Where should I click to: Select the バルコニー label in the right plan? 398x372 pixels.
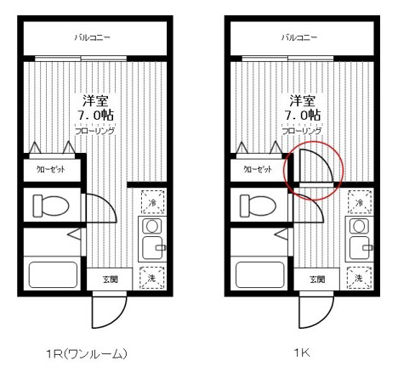coord(298,38)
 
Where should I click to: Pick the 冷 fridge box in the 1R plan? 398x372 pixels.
coord(153,203)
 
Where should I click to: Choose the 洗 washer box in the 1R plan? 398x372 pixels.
coord(153,278)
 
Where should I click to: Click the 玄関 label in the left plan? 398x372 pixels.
coord(111,279)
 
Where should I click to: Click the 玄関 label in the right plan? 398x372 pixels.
coord(317,279)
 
